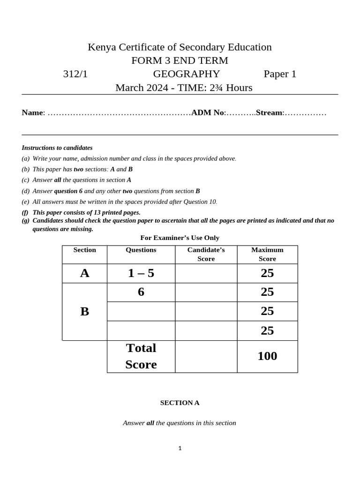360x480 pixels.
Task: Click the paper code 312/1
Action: [75, 74]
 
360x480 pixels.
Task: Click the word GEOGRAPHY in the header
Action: [186, 74]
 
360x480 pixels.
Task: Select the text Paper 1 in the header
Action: [280, 74]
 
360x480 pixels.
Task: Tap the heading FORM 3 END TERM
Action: [180, 60]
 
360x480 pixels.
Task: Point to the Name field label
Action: [32, 112]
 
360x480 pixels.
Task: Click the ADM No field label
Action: [208, 112]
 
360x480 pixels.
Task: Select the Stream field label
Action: [270, 112]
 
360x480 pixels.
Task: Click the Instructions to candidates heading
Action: [57, 148]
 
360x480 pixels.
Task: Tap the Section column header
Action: [84, 250]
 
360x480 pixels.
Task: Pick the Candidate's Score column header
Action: [206, 254]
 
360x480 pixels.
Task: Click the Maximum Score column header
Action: [267, 254]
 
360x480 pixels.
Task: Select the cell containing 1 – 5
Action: [141, 273]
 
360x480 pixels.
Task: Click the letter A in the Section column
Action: [84, 273]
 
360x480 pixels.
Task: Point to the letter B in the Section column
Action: [84, 311]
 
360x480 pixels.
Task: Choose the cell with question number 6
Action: [141, 292]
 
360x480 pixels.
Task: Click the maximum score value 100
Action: [267, 356]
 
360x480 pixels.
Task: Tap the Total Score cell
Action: [141, 356]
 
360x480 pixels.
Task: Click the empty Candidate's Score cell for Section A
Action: [206, 273]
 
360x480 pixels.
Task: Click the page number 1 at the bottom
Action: [180, 448]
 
